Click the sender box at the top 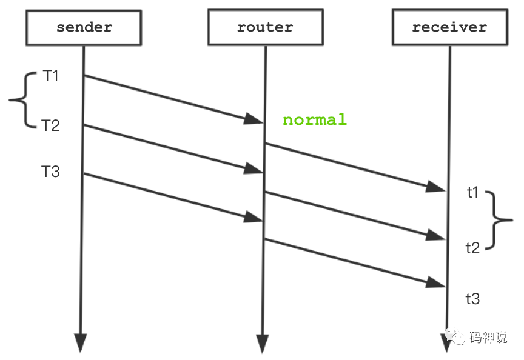84,28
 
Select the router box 264,28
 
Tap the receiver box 449,28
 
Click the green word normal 315,119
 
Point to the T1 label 51,76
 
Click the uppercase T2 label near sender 51,125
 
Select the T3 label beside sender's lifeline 51,172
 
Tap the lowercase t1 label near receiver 473,193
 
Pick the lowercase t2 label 473,247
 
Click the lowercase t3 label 473,299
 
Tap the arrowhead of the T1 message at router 254,119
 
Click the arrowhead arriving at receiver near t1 436,187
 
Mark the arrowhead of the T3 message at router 254,217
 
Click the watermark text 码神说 488,338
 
